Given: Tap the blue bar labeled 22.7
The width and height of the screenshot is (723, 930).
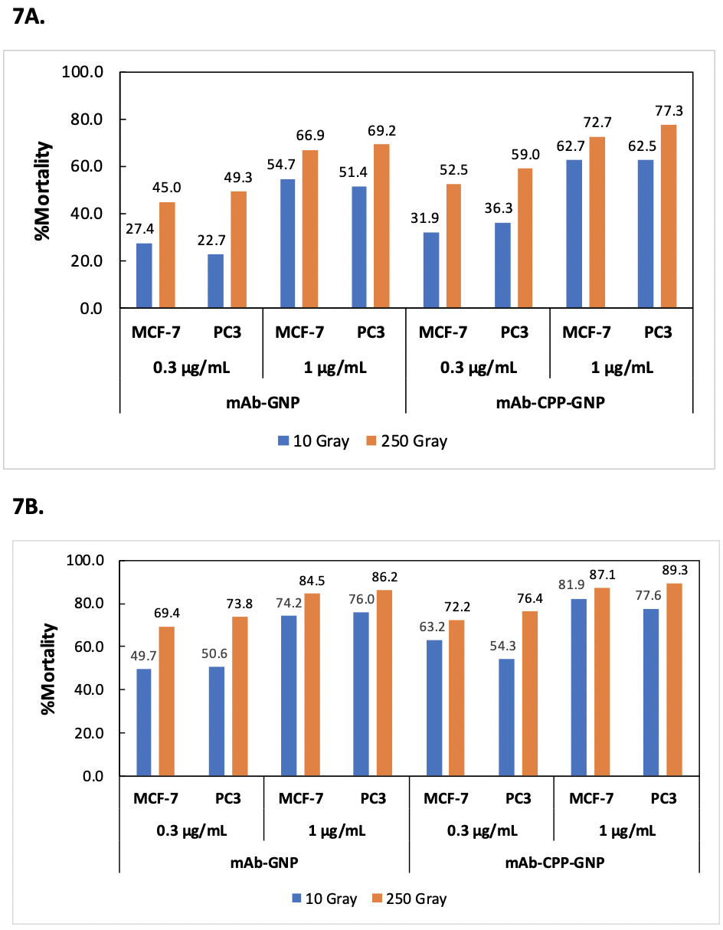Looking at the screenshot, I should pos(216,281).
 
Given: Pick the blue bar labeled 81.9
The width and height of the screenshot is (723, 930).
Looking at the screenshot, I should pos(578,687).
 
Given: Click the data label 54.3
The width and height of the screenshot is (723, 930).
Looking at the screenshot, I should pos(504,645).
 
